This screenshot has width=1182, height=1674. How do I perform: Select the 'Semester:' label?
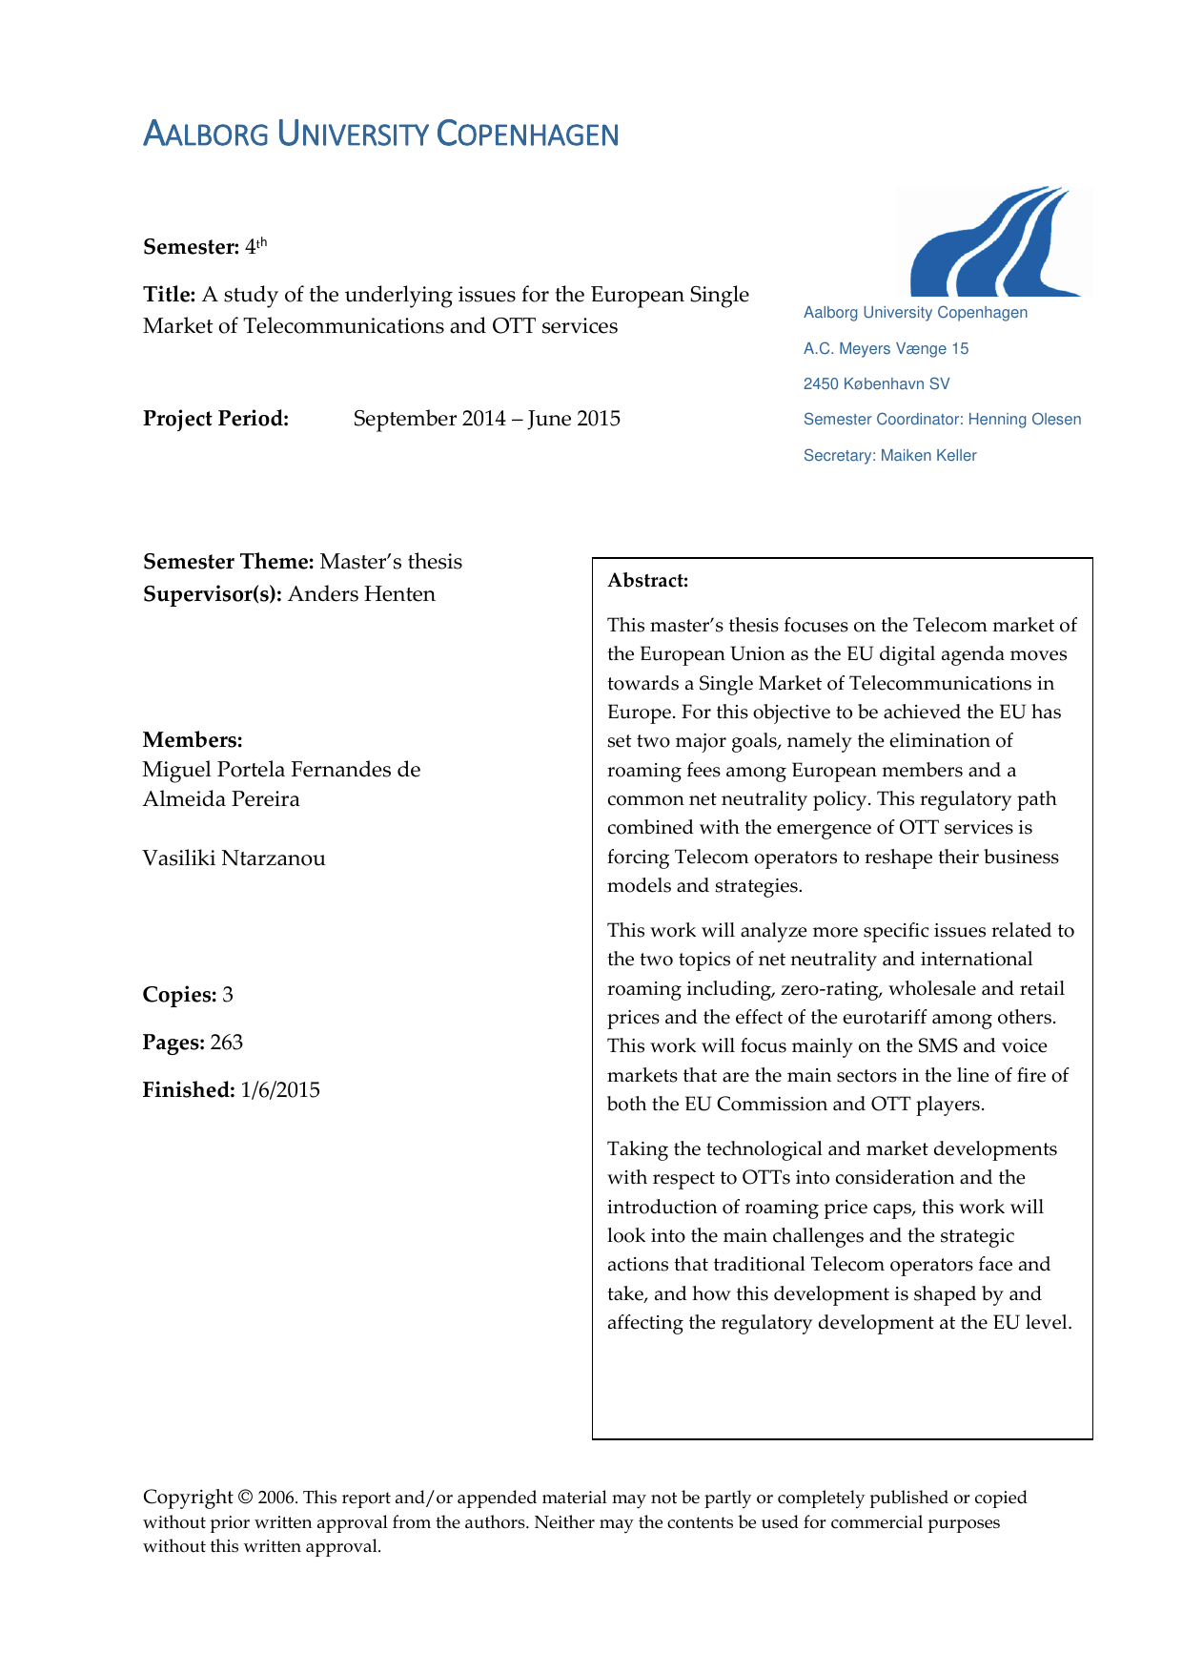(x=191, y=247)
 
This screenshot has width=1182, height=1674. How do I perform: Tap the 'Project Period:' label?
(x=215, y=419)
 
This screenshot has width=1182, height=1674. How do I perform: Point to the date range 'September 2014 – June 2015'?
(x=486, y=419)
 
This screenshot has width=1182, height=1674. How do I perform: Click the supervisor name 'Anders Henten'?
(x=361, y=594)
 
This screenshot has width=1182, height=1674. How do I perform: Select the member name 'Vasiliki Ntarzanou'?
(x=234, y=858)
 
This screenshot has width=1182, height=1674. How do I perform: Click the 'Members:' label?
(x=193, y=740)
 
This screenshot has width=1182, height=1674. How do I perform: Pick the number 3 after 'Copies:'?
(x=228, y=995)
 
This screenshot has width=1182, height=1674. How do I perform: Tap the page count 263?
(x=227, y=1043)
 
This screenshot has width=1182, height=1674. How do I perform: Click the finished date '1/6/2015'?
(x=280, y=1090)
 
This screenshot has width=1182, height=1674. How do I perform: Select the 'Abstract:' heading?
(x=648, y=581)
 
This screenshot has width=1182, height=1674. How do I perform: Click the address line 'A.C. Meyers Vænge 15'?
(x=886, y=349)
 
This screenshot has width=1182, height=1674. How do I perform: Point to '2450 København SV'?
(x=876, y=384)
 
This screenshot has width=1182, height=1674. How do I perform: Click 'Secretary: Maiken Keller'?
(x=889, y=456)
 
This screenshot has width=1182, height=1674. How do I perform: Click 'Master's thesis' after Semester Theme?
(x=391, y=562)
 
